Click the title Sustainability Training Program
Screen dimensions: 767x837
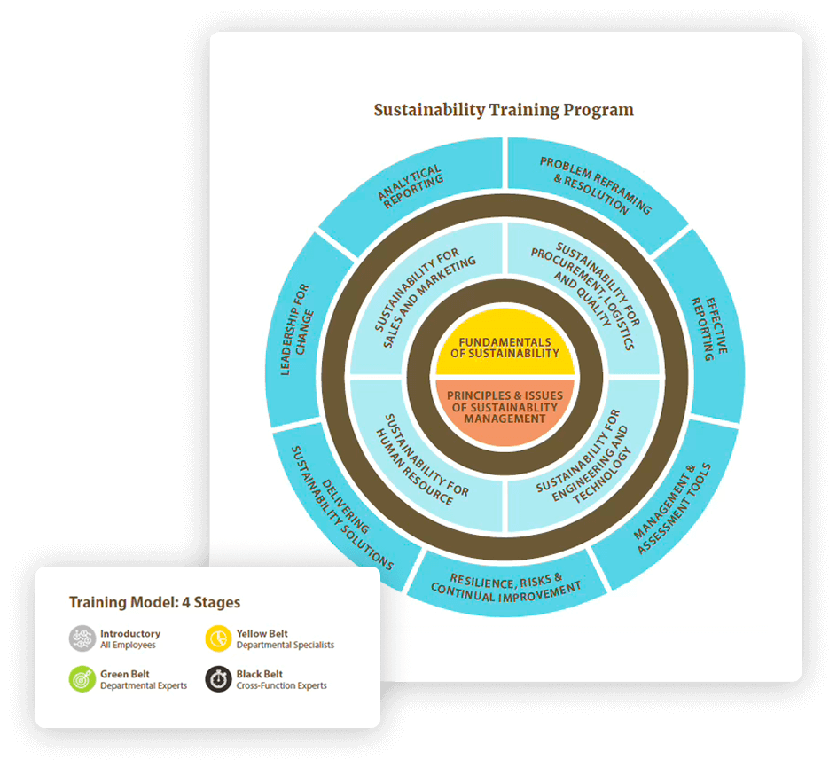[x=504, y=110]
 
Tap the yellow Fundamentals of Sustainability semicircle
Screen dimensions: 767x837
[x=505, y=346]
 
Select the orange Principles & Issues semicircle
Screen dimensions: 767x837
[x=505, y=406]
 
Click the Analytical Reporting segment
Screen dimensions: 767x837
[x=410, y=185]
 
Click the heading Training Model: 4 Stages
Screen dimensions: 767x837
[x=154, y=602]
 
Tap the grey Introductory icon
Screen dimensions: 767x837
[x=82, y=638]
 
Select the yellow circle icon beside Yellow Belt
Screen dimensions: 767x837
[x=218, y=638]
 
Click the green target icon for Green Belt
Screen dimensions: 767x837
[x=82, y=679]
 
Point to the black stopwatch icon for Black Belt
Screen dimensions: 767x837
[x=218, y=679]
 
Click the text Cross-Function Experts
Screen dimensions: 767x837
[x=281, y=685]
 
